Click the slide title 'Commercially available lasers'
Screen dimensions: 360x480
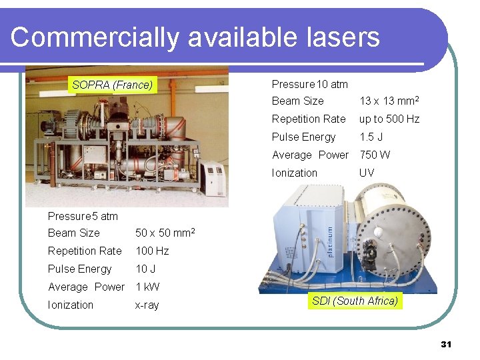pos(195,37)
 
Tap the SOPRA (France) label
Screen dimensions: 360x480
pos(112,85)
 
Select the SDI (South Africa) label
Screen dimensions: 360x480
pos(355,301)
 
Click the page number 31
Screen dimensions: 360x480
pos(446,344)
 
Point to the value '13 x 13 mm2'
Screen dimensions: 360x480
pos(389,101)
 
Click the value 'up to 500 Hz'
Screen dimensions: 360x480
pos(389,119)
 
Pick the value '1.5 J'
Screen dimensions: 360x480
pos(371,137)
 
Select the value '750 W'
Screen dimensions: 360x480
pos(375,155)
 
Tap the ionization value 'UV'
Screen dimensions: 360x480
pos(367,173)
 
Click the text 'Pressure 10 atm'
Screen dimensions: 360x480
pos(309,84)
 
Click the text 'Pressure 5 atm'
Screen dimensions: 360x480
pos(83,216)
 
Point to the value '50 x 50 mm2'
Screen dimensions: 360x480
pos(165,233)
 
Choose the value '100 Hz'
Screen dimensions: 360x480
pos(152,251)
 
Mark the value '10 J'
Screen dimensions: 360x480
pos(146,269)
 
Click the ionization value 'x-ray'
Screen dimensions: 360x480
pos(147,305)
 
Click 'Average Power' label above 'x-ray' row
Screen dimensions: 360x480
pos(86,287)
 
